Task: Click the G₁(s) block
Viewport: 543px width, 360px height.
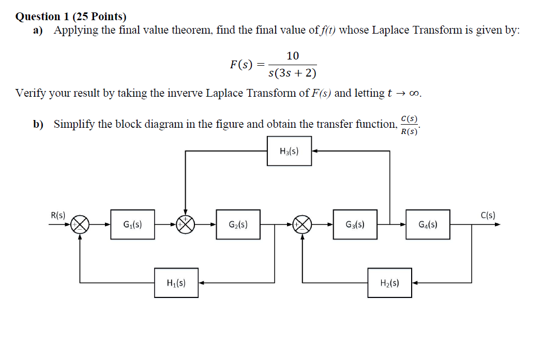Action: (x=132, y=224)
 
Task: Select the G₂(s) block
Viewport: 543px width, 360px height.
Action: (x=238, y=224)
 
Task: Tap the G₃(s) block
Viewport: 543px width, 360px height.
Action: (x=355, y=224)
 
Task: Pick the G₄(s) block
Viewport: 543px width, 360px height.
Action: (x=428, y=224)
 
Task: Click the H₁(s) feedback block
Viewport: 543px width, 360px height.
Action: (x=176, y=282)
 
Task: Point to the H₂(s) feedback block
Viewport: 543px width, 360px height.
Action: (x=389, y=282)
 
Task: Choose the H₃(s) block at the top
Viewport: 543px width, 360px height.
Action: (x=289, y=151)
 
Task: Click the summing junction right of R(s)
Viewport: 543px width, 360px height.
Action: (x=80, y=224)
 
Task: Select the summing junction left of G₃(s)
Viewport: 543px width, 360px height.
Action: (x=303, y=224)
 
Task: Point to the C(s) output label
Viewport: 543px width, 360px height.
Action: (x=488, y=215)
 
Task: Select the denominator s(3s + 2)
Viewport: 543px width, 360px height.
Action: (x=293, y=73)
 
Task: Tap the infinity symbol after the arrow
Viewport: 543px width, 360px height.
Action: (x=414, y=94)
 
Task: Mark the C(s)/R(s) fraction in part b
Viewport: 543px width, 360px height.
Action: (x=410, y=125)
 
